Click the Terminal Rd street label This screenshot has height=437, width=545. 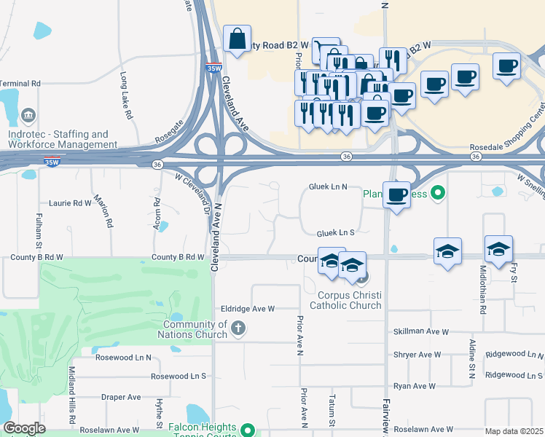click(20, 84)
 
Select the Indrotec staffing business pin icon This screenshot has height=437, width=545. click(29, 115)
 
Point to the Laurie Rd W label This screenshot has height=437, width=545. click(70, 203)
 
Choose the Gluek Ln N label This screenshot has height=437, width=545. click(328, 187)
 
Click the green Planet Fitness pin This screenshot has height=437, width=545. click(437, 193)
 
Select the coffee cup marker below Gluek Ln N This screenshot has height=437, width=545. click(396, 196)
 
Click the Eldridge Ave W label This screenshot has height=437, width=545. click(248, 309)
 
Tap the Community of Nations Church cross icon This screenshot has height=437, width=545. click(237, 328)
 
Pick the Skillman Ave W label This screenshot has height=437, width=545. click(420, 331)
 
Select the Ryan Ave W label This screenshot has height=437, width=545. click(414, 386)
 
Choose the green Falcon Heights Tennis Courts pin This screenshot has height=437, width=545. click(248, 430)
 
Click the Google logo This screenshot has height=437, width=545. click(24, 428)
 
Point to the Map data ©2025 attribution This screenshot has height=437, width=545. click(514, 431)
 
